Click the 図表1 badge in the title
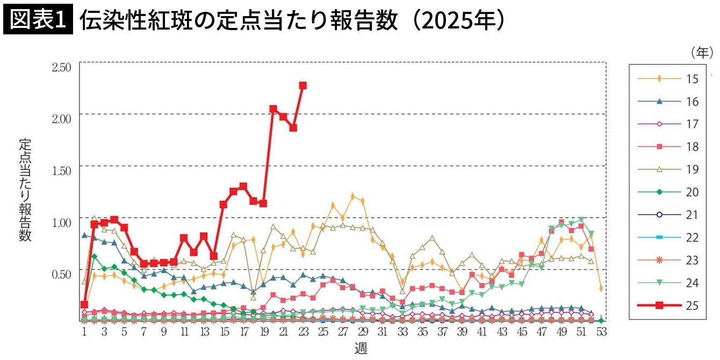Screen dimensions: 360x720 (37, 20)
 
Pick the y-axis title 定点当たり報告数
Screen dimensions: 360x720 (25, 190)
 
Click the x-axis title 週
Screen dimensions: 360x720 (361, 349)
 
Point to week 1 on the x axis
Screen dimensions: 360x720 (84, 333)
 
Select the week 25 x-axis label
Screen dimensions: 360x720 (323, 333)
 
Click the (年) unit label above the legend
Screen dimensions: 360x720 (702, 52)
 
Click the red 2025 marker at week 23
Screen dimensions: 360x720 (303, 85)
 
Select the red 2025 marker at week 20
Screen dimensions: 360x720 (273, 109)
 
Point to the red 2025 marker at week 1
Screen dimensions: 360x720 (84, 305)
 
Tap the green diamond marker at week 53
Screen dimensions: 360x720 (601, 321)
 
